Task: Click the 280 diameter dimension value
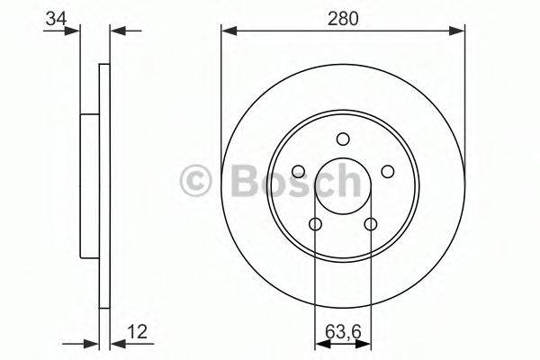(343, 19)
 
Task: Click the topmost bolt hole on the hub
(343, 139)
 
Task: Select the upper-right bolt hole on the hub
(388, 171)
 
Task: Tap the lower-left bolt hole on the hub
(315, 224)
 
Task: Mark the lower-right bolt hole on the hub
(371, 224)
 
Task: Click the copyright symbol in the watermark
(195, 182)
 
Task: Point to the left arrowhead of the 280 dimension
(227, 31)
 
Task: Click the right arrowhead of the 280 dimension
(460, 31)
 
